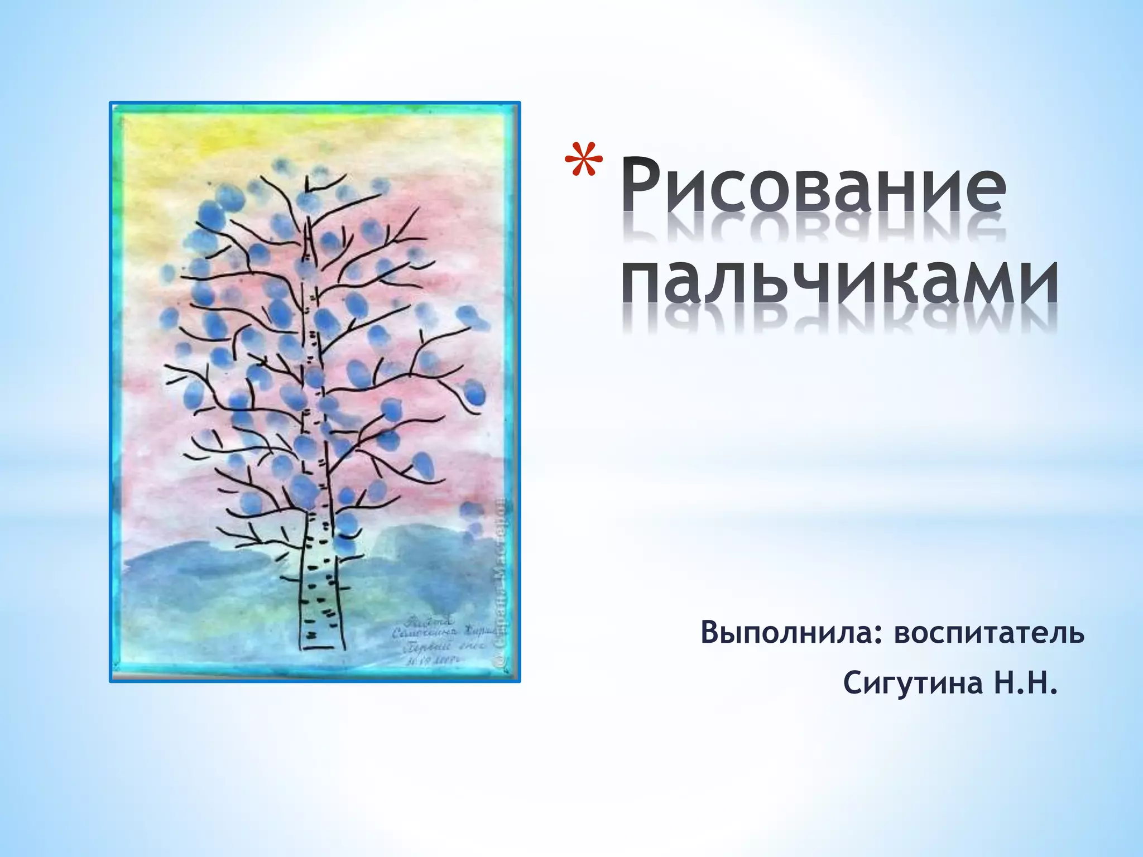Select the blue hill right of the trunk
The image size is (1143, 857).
[424, 564]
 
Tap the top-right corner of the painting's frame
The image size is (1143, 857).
[518, 104]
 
